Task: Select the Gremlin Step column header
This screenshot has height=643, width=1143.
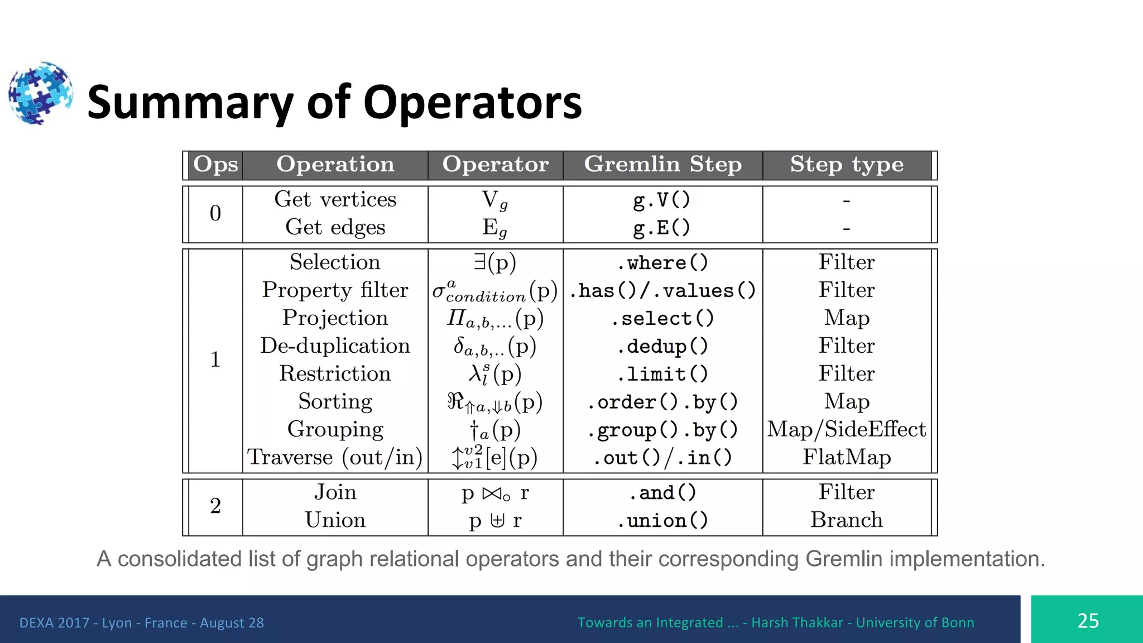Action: point(662,165)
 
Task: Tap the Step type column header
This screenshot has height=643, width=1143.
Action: point(846,165)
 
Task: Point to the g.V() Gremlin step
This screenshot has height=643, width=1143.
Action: point(662,200)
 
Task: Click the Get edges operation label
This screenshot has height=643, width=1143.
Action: point(335,227)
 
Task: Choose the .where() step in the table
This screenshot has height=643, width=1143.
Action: point(662,262)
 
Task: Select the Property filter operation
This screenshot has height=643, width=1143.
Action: point(335,290)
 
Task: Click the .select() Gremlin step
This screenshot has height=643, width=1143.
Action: point(662,318)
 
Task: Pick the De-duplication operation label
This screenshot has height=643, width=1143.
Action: point(335,346)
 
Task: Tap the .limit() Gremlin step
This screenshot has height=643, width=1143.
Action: point(662,374)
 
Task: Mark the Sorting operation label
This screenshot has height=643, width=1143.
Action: point(335,402)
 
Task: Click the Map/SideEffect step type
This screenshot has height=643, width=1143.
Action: point(846,429)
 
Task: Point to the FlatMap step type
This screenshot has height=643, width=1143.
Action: point(846,457)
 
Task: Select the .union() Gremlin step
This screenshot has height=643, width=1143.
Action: point(662,520)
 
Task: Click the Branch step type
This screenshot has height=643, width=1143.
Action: point(846,520)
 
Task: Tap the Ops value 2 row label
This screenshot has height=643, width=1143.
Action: point(215,506)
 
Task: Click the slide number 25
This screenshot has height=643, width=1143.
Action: point(1088,621)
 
